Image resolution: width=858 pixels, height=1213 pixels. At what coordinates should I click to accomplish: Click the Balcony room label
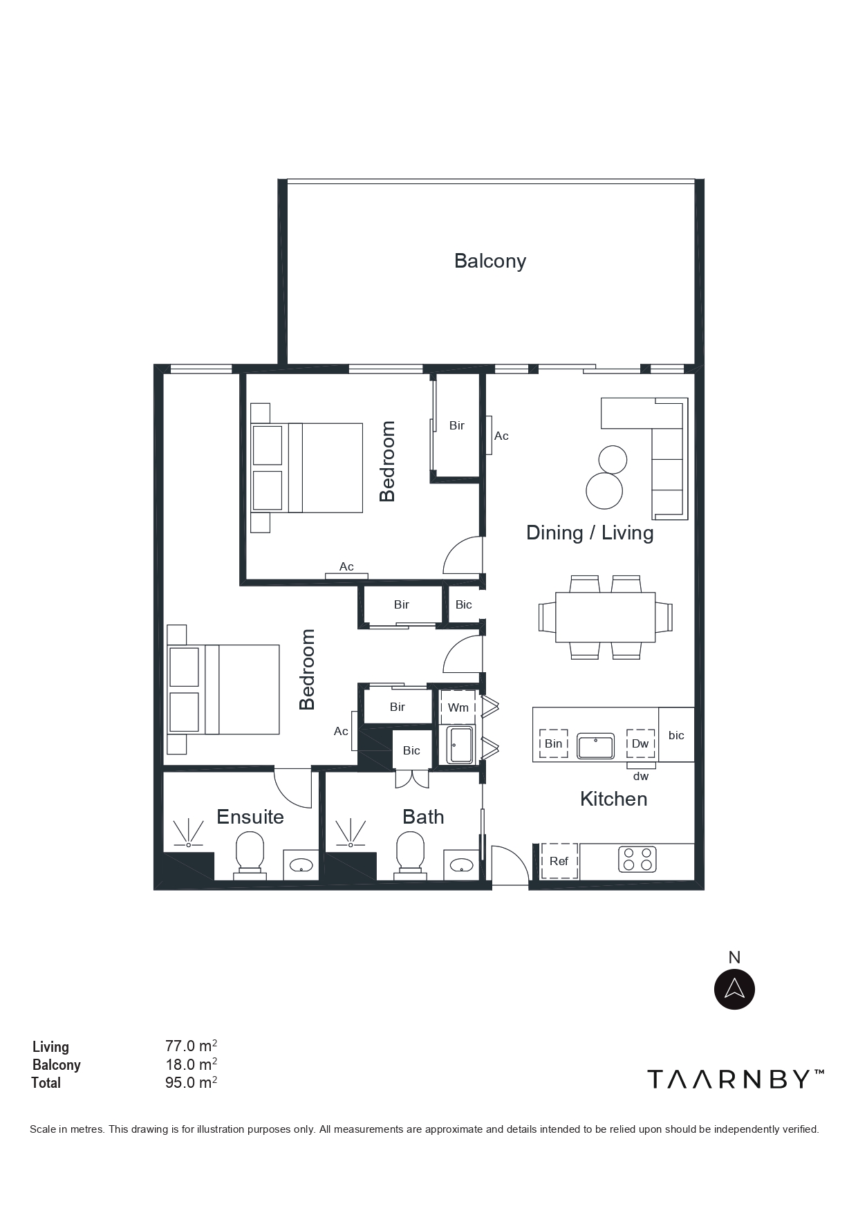(490, 261)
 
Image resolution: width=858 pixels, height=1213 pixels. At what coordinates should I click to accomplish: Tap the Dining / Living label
(590, 533)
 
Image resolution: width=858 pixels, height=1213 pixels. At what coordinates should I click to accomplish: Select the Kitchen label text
(614, 799)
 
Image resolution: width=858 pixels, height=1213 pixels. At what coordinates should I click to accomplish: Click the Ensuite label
(250, 817)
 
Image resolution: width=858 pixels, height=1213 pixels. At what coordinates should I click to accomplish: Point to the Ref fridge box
(559, 861)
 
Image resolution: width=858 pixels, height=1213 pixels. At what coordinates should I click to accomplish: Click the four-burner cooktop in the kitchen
(637, 859)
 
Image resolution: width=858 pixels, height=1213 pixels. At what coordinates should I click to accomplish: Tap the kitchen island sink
(595, 746)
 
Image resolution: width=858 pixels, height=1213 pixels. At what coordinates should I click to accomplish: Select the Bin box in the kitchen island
(553, 743)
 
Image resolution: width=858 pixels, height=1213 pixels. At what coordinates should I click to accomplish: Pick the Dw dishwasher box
(640, 743)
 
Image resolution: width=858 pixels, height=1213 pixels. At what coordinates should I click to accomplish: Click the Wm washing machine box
(458, 707)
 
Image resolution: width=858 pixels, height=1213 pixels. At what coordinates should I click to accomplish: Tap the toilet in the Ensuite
(250, 855)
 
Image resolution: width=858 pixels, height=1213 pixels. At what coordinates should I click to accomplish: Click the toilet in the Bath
(410, 855)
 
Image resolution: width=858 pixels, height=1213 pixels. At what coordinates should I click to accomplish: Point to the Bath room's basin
(461, 864)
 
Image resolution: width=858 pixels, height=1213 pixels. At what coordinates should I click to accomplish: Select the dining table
(606, 617)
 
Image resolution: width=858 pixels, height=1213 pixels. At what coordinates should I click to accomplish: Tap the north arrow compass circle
(734, 989)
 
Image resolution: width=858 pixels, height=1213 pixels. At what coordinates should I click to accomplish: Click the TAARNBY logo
(736, 1079)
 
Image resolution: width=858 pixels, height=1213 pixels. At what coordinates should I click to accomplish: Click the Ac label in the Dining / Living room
(501, 436)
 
